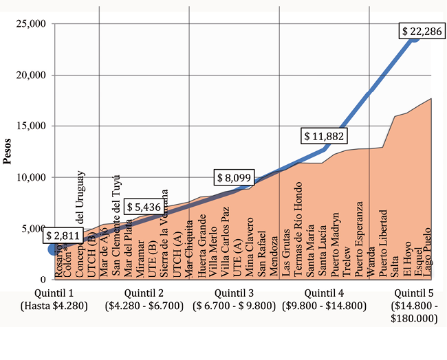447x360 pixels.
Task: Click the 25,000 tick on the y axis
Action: [30, 23]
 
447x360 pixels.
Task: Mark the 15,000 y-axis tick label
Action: [30, 126]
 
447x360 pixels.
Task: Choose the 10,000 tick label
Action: [30, 177]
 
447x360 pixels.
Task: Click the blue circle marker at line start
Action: [53, 249]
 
